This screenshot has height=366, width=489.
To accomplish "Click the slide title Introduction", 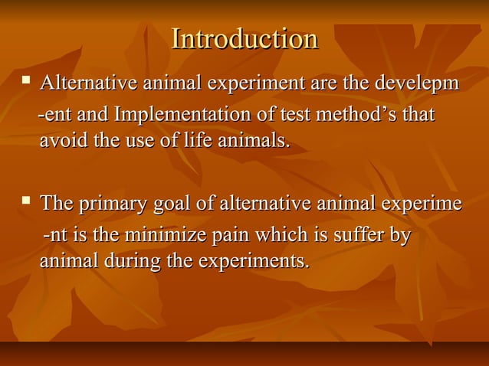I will [244, 39].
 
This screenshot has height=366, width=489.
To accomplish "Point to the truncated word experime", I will [418, 204].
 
